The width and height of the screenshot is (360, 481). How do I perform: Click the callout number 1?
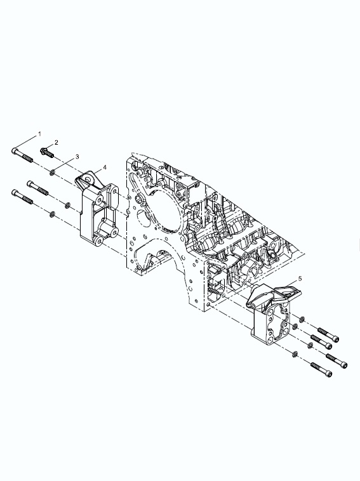(39, 134)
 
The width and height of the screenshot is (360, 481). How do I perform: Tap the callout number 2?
(56, 142)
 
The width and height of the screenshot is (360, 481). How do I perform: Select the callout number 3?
(77, 157)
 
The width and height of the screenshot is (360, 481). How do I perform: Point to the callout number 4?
(105, 167)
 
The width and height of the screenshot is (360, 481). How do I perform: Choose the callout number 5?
(300, 279)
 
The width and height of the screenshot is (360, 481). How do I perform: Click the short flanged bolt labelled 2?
(47, 152)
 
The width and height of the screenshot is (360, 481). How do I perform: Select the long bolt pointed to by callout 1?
(22, 155)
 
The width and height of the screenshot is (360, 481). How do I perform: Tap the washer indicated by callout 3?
(53, 173)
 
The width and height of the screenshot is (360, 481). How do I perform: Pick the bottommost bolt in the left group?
(22, 197)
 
